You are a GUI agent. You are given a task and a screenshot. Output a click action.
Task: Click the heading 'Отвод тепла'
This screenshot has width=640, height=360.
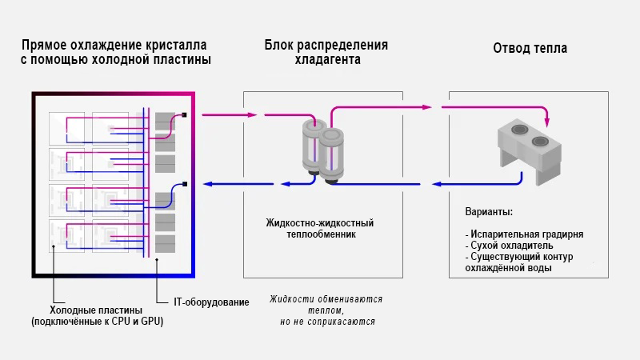click(530, 49)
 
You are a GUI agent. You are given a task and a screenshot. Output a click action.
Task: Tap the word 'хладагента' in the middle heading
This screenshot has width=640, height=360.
click(327, 59)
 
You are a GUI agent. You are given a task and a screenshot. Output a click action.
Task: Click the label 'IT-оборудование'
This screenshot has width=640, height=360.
click(211, 302)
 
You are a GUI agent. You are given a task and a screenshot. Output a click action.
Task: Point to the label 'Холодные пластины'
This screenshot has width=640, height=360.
click(96, 310)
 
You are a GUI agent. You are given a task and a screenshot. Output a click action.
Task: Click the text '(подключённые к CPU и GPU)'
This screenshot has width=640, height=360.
click(96, 322)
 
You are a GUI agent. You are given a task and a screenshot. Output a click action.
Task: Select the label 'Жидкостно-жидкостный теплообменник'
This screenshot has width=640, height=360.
click(320, 229)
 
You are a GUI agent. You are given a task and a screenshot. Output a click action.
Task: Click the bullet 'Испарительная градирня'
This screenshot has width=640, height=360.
click(526, 234)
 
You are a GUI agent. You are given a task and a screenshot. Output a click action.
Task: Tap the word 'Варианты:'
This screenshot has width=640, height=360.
click(489, 213)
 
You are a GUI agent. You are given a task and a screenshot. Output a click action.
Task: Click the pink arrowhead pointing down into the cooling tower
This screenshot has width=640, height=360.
click(547, 122)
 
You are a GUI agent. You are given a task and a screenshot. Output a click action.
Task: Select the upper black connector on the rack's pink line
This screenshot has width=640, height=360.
click(185, 115)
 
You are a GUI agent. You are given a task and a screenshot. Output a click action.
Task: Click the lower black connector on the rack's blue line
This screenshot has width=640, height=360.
click(185, 184)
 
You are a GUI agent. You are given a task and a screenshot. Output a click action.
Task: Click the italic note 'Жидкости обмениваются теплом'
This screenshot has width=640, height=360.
click(326, 304)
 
